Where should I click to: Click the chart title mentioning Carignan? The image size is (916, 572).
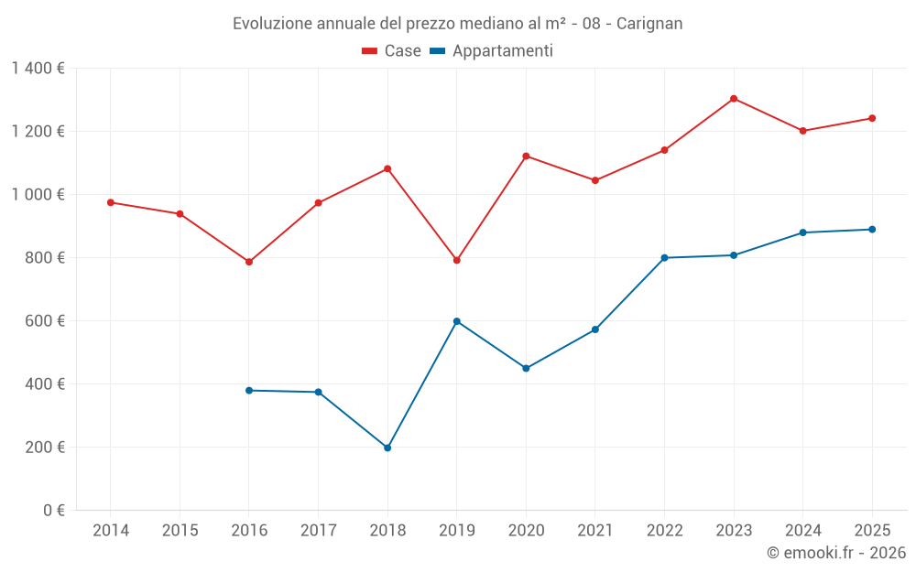457,24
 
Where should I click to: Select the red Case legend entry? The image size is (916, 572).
391,51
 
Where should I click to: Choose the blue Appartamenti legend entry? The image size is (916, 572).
491,51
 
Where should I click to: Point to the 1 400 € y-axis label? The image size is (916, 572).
38,69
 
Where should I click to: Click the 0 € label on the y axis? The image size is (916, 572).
53,511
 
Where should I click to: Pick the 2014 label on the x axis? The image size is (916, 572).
111,531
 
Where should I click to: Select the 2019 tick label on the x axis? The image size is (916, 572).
456,531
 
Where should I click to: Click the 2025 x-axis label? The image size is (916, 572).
872,531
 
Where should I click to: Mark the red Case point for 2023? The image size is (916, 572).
734,99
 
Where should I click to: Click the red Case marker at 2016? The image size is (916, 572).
249,262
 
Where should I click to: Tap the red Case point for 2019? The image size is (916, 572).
457,260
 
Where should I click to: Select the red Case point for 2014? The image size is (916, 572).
111,202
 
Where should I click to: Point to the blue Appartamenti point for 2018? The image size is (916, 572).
387,448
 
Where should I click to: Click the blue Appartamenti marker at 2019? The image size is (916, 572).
457,321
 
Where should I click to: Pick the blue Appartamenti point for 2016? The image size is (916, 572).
249,391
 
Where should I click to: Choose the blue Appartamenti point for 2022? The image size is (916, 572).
664,258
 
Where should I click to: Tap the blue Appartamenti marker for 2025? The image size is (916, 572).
872,230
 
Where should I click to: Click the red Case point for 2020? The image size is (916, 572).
526,156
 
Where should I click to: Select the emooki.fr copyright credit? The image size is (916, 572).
835,553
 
